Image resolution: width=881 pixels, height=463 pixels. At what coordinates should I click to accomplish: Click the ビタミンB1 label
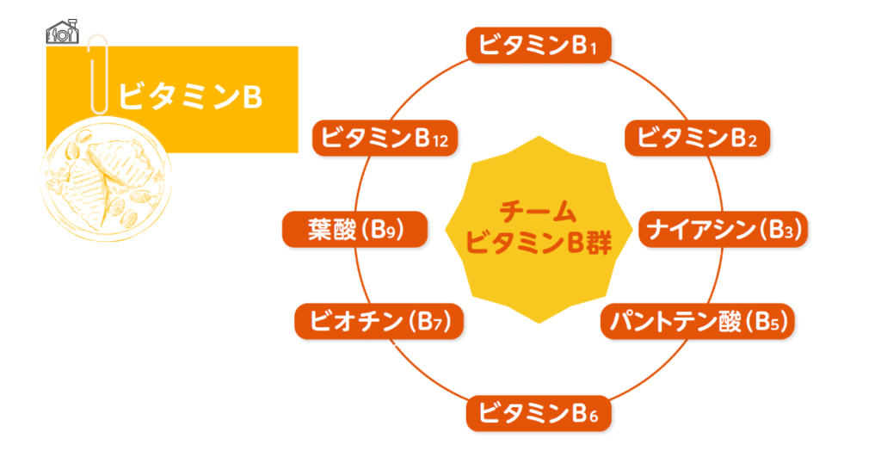(539, 46)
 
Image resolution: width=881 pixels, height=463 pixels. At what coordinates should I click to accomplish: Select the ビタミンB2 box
(697, 138)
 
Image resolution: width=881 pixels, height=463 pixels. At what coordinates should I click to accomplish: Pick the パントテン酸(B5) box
(697, 322)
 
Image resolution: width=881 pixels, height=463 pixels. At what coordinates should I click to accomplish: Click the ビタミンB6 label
(539, 412)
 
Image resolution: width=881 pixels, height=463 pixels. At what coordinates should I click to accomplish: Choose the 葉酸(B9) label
(355, 230)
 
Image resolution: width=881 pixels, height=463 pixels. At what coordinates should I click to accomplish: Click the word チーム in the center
(538, 210)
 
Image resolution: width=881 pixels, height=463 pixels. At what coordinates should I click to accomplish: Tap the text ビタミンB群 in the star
(538, 244)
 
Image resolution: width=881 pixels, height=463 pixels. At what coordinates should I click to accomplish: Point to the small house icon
(63, 33)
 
